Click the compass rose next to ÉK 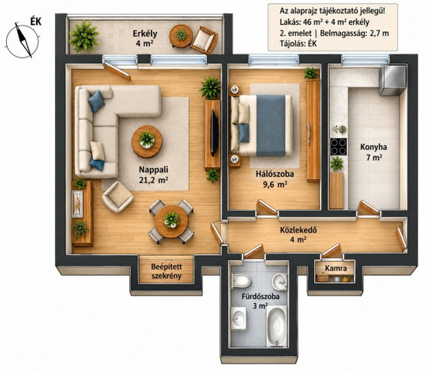coord(23,41)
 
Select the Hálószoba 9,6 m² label coord(275,179)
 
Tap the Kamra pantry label coord(336,269)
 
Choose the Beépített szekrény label coord(166,271)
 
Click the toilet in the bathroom coord(241,281)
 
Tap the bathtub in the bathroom coord(276,326)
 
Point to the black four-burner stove coord(339,147)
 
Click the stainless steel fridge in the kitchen coord(392,80)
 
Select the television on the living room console coord(215,132)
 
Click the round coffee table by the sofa coord(147,141)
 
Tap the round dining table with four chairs coord(171,221)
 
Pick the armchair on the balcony coord(204,40)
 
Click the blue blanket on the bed coord(271,125)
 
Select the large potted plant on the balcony coord(85,37)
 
